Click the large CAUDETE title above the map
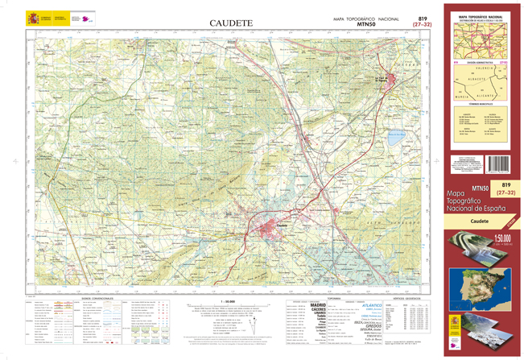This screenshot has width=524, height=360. pos(230,23)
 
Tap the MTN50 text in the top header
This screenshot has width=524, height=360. pos(366,26)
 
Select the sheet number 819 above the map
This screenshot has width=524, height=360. pos(422,19)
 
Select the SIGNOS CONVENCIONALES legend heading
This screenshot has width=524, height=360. pos(97,297)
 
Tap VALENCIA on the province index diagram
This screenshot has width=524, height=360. pos(486,70)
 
